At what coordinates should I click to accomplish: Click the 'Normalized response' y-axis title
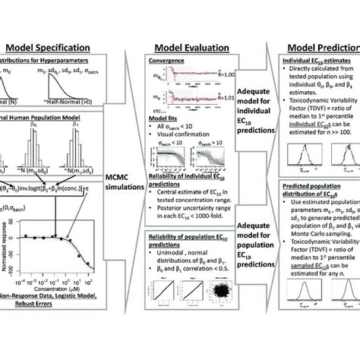click(7, 259)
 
